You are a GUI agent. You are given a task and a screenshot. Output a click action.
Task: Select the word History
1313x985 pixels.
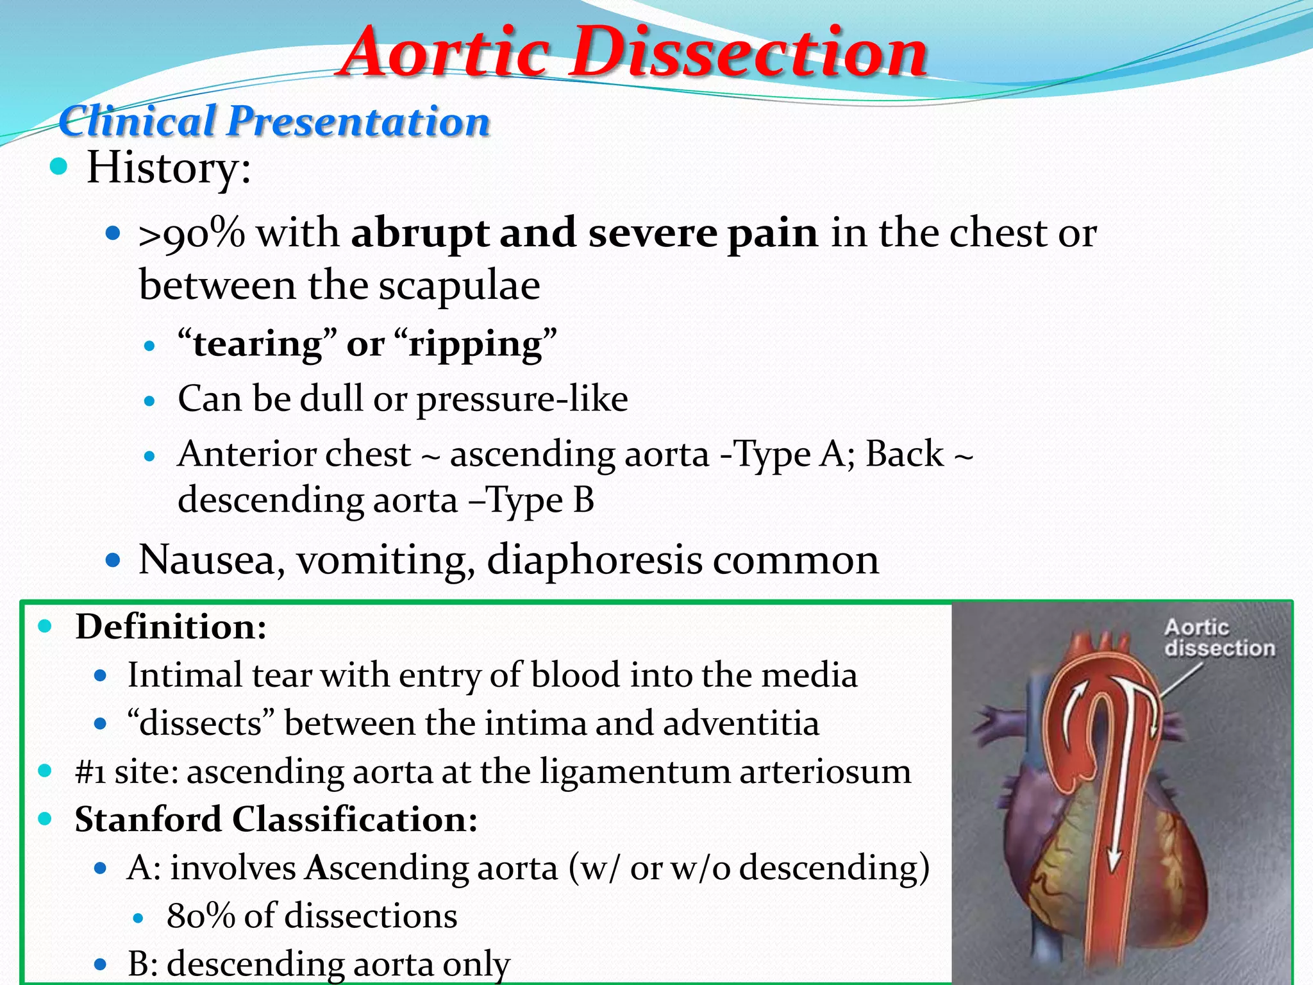coord(168,168)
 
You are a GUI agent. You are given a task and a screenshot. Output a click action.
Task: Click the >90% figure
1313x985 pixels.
coord(192,232)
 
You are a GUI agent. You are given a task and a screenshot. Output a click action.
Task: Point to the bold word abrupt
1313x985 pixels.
coord(420,233)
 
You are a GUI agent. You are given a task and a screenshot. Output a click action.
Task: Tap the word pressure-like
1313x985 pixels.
coord(522,400)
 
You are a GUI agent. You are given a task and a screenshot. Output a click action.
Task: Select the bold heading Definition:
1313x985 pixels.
coord(171,627)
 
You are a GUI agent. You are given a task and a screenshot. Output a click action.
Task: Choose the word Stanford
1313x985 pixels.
coord(148,819)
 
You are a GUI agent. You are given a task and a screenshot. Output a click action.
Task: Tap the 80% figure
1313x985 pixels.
coord(201,915)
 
